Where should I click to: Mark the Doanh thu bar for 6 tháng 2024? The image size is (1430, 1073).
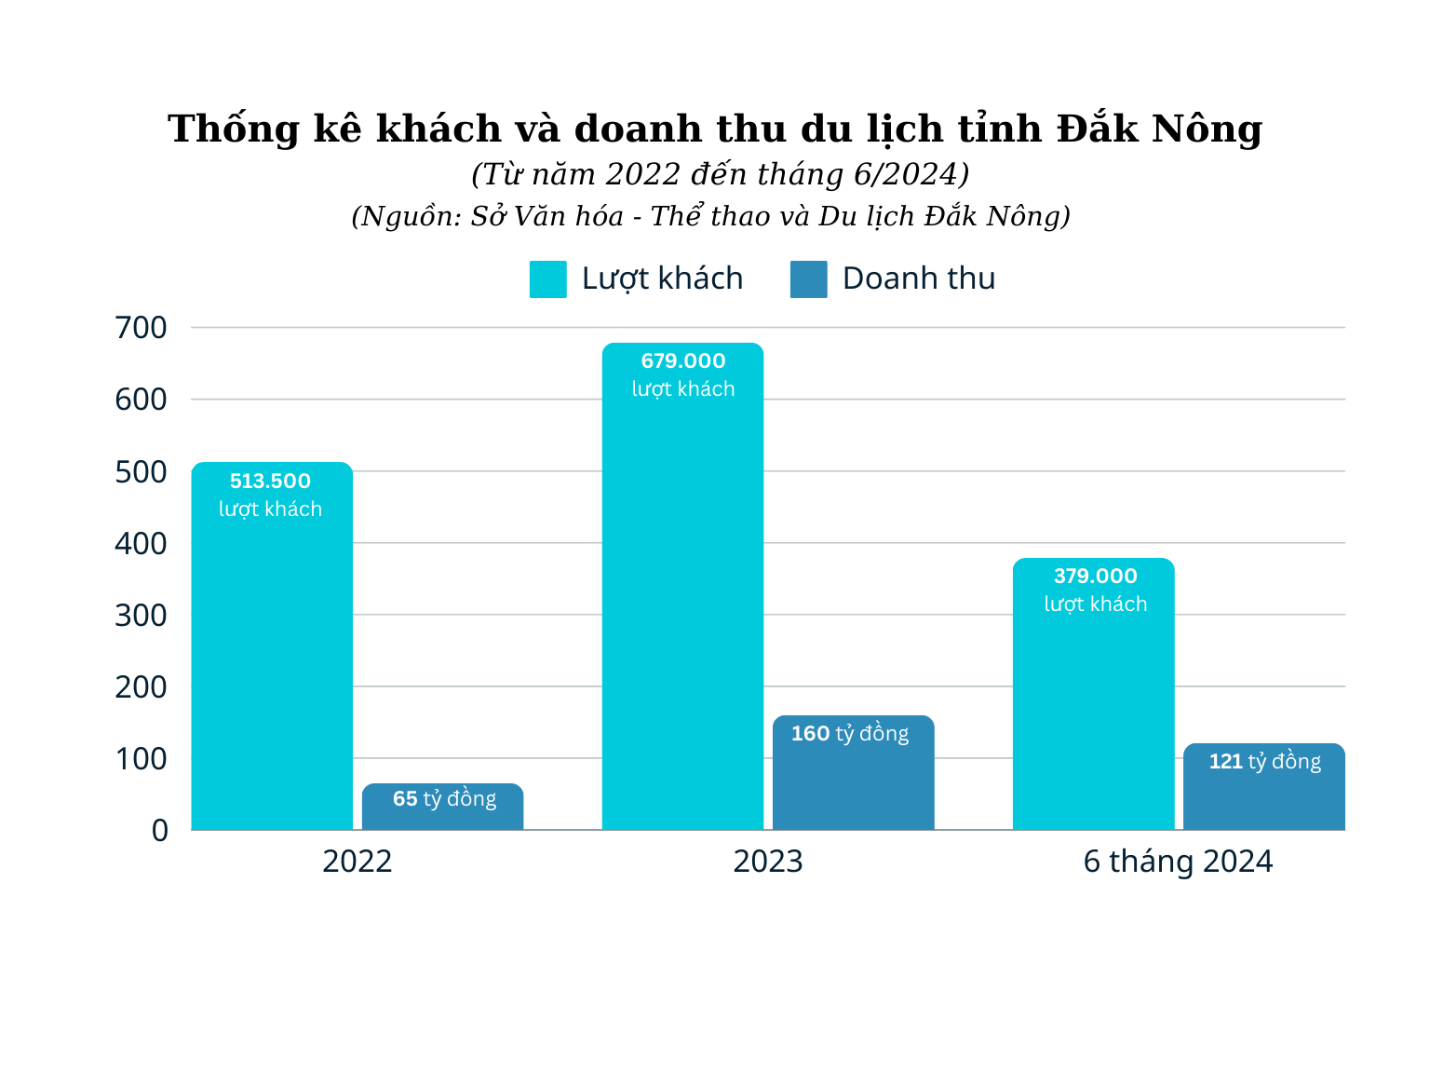(x=1263, y=796)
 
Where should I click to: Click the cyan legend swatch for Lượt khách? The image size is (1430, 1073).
(x=547, y=279)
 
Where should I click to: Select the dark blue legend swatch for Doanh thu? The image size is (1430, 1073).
(x=808, y=279)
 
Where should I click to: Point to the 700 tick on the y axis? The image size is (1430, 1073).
(x=141, y=328)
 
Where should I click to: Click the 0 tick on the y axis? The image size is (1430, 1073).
(x=159, y=830)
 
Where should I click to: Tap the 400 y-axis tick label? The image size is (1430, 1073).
(x=141, y=543)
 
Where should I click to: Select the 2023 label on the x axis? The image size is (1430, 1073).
(x=767, y=862)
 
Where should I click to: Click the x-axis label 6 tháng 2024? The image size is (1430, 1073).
(x=1178, y=862)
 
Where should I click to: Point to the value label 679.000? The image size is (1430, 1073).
(x=682, y=361)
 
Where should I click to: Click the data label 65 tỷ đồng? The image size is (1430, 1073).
(x=444, y=799)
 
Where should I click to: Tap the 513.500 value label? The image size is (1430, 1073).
(x=270, y=482)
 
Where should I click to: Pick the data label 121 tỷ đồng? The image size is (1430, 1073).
(x=1264, y=762)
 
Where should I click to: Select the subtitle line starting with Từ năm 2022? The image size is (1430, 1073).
(x=720, y=174)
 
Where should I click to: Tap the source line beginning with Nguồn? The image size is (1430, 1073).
(x=710, y=216)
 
